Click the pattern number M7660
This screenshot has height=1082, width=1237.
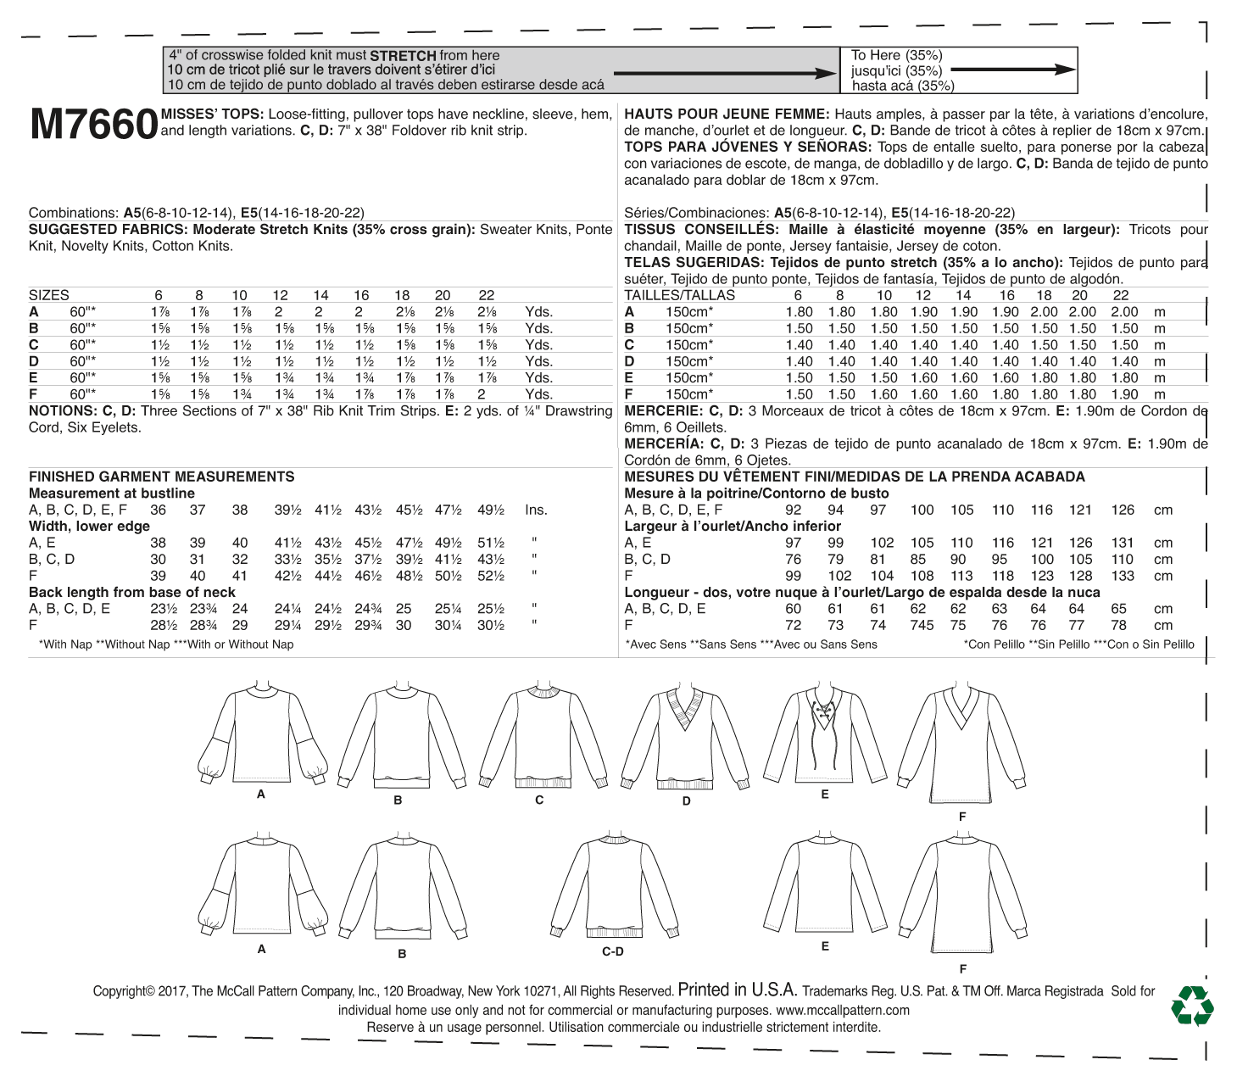[93, 125]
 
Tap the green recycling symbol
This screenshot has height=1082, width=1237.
[1192, 1006]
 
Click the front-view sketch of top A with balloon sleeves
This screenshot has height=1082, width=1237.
[261, 733]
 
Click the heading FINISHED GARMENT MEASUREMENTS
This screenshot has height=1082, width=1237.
[161, 477]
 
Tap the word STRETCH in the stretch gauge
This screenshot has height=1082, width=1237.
[403, 56]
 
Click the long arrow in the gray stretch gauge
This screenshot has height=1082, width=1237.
[725, 74]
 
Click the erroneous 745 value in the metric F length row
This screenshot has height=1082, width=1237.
[922, 626]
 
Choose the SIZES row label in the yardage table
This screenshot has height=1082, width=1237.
[49, 295]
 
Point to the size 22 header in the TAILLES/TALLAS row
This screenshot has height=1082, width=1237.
[1120, 295]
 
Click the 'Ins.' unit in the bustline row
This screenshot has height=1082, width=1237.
[536, 510]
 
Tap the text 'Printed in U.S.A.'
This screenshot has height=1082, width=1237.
[737, 990]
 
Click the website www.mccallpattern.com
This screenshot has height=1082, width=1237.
[842, 1010]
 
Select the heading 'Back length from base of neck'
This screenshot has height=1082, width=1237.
[131, 592]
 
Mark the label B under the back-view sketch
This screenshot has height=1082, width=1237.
[402, 954]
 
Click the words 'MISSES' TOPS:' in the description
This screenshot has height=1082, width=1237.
[212, 114]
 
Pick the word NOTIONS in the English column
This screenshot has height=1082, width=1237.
[60, 411]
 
